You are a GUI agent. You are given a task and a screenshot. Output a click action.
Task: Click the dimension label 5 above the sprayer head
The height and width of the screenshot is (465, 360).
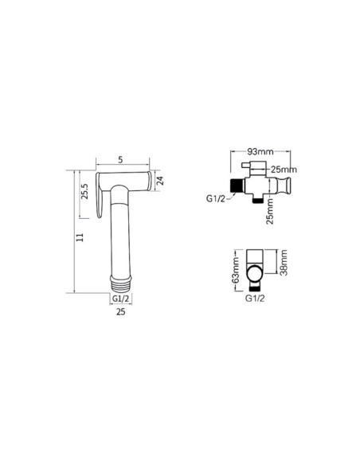click(120, 160)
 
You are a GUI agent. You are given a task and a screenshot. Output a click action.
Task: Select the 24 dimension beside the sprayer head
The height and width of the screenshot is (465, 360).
click(160, 181)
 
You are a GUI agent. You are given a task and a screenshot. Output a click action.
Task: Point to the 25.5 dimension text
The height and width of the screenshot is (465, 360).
click(84, 191)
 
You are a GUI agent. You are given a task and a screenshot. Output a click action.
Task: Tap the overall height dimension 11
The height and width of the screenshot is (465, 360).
click(80, 237)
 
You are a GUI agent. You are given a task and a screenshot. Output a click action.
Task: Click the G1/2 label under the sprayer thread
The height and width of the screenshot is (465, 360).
click(121, 299)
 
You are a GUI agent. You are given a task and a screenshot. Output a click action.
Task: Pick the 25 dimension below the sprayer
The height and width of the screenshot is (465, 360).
click(121, 311)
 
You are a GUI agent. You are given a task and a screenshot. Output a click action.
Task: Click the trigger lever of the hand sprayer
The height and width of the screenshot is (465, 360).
click(99, 195)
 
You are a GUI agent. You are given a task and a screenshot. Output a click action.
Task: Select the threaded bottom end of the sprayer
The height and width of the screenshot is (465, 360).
click(121, 284)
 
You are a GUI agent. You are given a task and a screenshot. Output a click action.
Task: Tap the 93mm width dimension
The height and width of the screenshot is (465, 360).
click(260, 151)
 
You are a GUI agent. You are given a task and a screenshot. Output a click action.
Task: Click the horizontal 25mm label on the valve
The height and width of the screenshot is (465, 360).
click(284, 170)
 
